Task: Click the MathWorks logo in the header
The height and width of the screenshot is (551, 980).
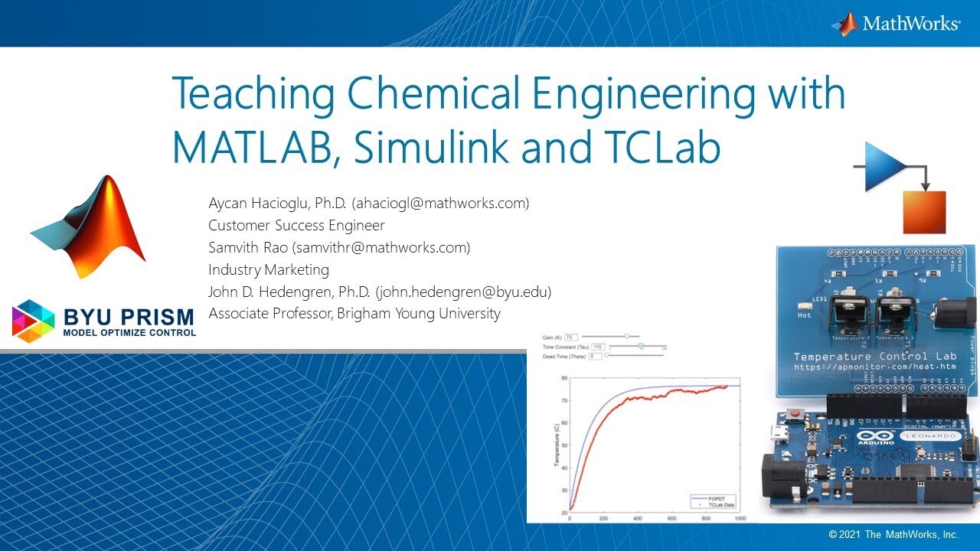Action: pos(895,24)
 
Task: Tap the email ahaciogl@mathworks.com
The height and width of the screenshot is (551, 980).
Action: pos(440,204)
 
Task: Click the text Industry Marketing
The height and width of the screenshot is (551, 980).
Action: pos(269,269)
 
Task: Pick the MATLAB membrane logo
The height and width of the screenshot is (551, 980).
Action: pos(87,227)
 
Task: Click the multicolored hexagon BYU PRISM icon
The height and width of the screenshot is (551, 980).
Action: pos(34,321)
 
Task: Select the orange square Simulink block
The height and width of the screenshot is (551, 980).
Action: pos(924,212)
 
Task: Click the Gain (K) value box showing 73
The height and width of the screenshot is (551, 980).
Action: pos(570,336)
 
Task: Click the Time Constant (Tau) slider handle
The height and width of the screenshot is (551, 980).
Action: pos(641,347)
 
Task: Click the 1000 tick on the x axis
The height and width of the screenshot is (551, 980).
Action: pos(739,518)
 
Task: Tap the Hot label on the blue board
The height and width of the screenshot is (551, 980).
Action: pos(805,315)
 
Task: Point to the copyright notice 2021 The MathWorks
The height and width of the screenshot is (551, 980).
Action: pos(893,534)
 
